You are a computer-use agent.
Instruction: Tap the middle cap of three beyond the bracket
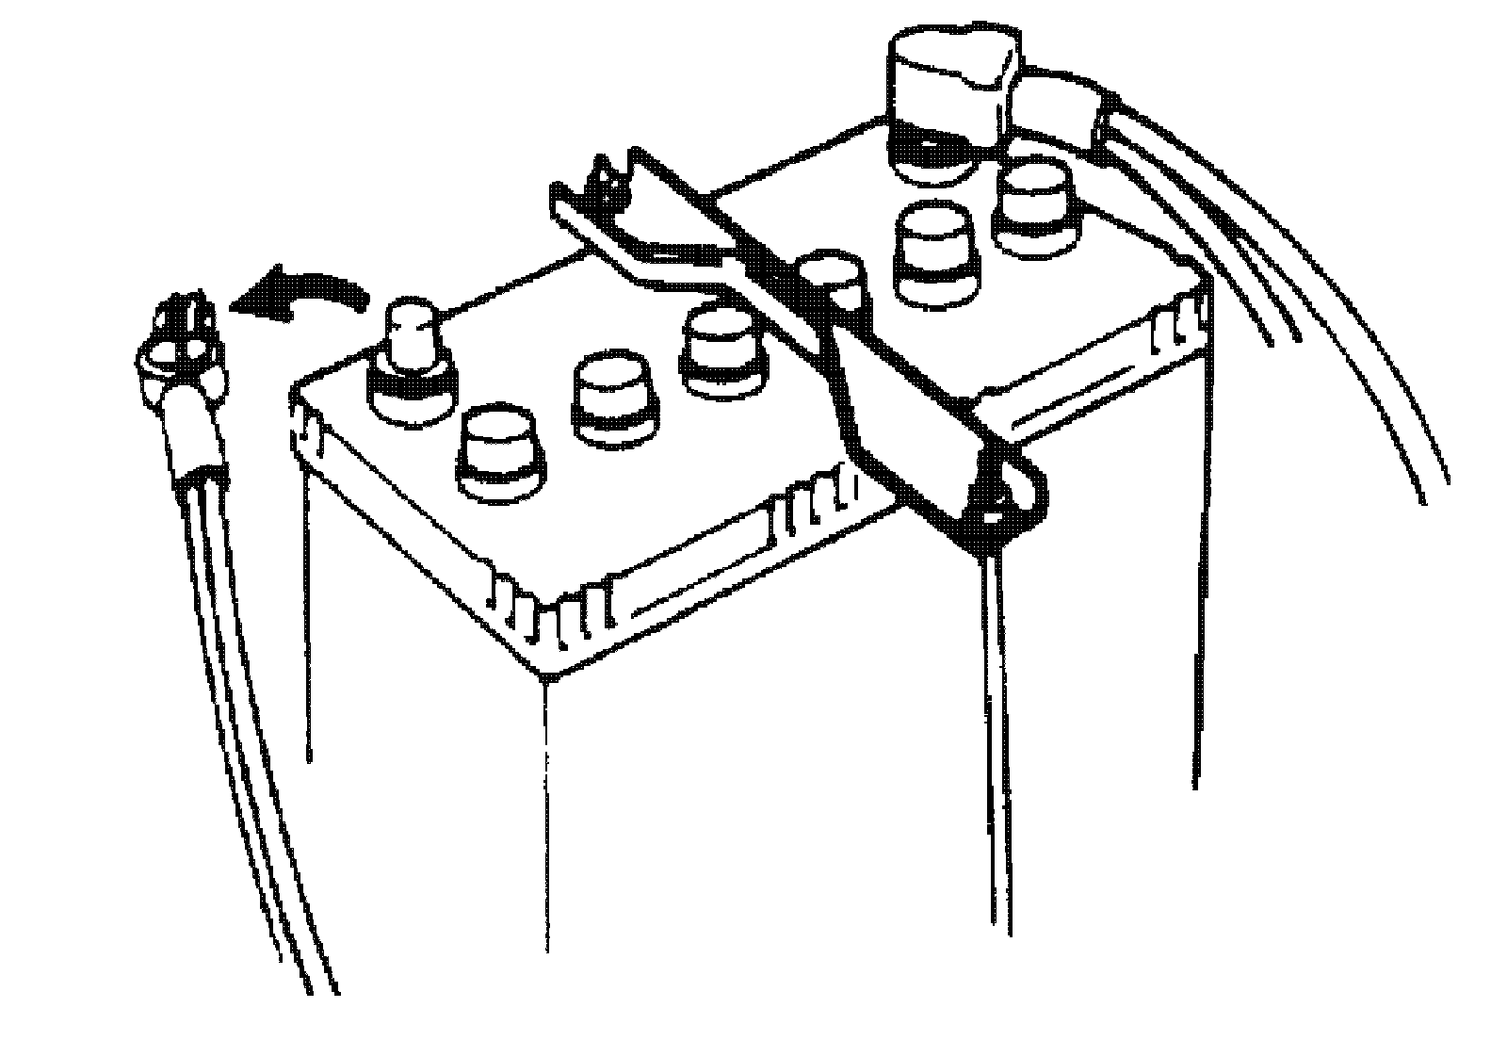coord(932,250)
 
